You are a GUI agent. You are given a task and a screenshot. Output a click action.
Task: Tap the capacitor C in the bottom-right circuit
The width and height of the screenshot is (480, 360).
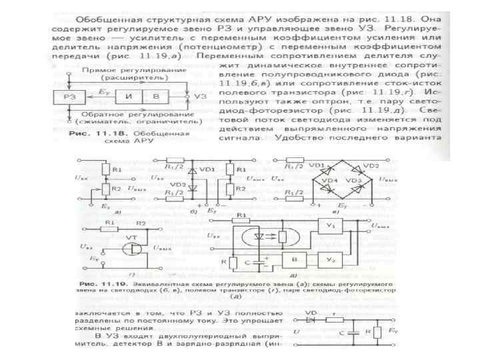coord(350,329)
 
